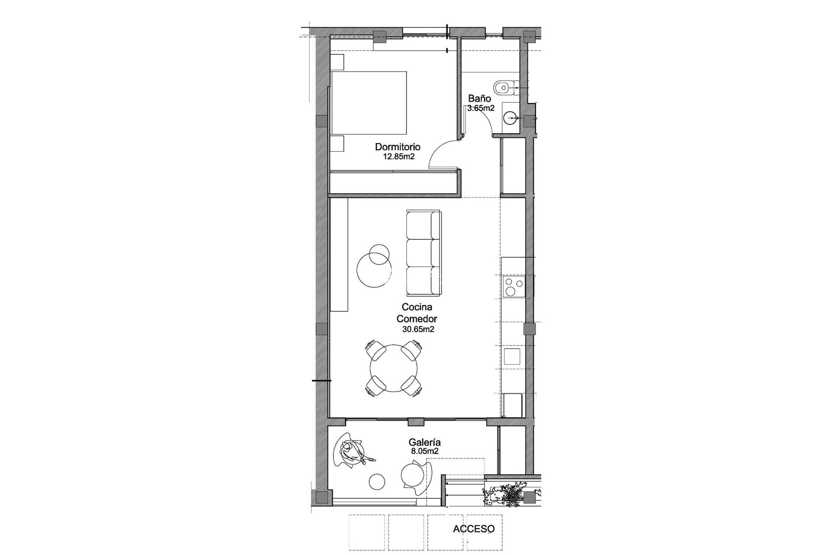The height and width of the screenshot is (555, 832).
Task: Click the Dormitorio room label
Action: point(397,147)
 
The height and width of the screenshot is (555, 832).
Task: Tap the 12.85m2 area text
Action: point(399,157)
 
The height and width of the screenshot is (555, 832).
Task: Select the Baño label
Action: point(479,99)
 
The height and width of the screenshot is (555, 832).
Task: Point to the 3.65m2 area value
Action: point(481,108)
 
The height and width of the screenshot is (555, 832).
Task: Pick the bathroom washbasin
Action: point(511,117)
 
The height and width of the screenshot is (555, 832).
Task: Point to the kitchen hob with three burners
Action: point(513,287)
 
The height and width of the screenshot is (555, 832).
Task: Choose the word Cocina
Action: point(417,307)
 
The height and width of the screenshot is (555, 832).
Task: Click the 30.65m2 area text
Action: point(418,330)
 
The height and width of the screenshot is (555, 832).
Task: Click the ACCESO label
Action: point(474,529)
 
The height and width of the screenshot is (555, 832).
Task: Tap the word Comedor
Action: point(417,319)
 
